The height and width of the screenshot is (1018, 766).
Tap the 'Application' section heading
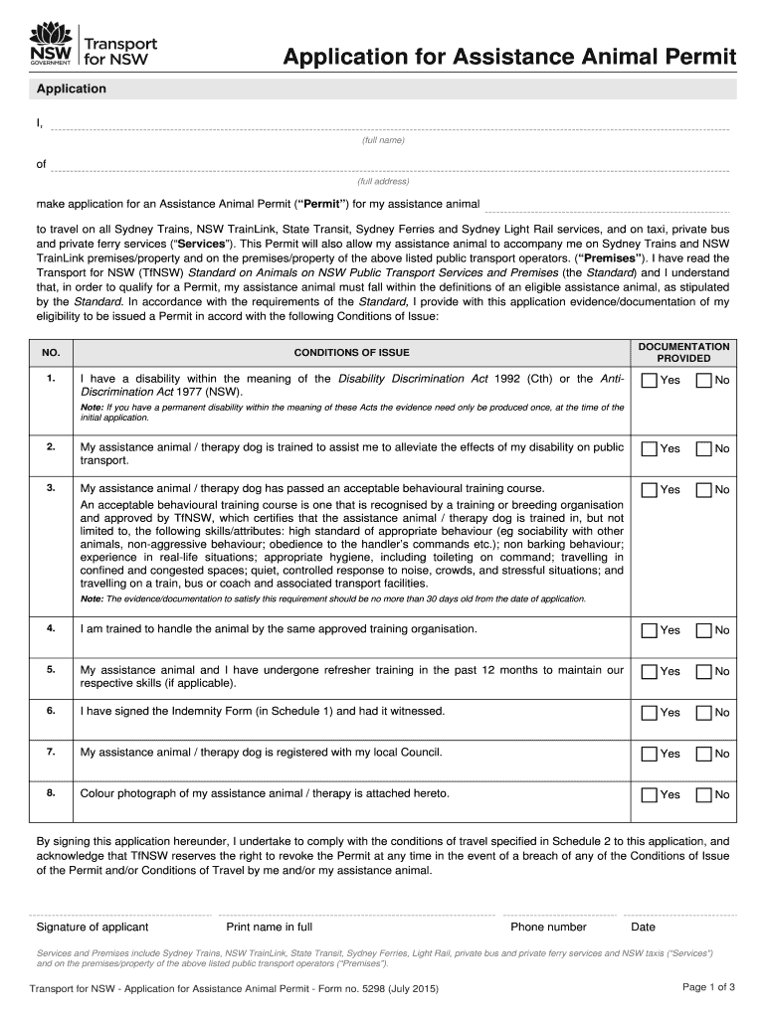pyautogui.click(x=72, y=89)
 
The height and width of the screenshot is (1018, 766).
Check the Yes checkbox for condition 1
pyautogui.click(x=650, y=381)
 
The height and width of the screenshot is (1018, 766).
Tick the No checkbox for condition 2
pyautogui.click(x=704, y=449)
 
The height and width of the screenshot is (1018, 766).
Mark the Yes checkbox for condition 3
pyautogui.click(x=650, y=490)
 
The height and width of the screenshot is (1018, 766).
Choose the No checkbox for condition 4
pyautogui.click(x=704, y=630)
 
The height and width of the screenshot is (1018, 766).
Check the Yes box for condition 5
pyautogui.click(x=650, y=672)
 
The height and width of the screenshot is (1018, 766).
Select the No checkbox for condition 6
pyautogui.click(x=704, y=713)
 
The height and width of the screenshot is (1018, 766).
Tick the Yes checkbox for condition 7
pyautogui.click(x=650, y=754)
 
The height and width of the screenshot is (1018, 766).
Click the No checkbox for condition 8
pyautogui.click(x=704, y=794)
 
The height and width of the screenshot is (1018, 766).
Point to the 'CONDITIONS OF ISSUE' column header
pyautogui.click(x=351, y=353)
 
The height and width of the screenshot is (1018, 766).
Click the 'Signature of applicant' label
pyautogui.click(x=93, y=928)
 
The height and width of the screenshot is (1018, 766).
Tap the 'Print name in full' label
pyautogui.click(x=270, y=928)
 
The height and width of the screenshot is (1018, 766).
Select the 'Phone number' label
pyautogui.click(x=548, y=928)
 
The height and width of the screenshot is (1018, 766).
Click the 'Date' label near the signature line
pyautogui.click(x=644, y=928)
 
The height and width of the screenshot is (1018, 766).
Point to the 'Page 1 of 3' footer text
pyautogui.click(x=708, y=987)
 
